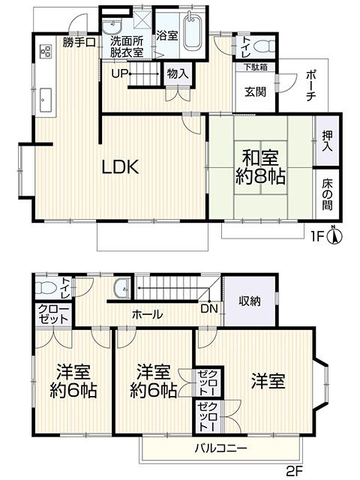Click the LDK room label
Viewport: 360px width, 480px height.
tap(121, 166)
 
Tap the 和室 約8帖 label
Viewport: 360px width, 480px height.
tap(259, 169)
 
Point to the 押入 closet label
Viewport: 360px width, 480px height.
tap(328, 141)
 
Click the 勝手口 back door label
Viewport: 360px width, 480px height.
tap(79, 42)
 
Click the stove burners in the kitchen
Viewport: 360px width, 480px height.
tap(43, 52)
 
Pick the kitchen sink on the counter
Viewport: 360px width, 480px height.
tap(44, 96)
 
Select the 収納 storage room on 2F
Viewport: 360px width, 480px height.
tap(250, 301)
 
